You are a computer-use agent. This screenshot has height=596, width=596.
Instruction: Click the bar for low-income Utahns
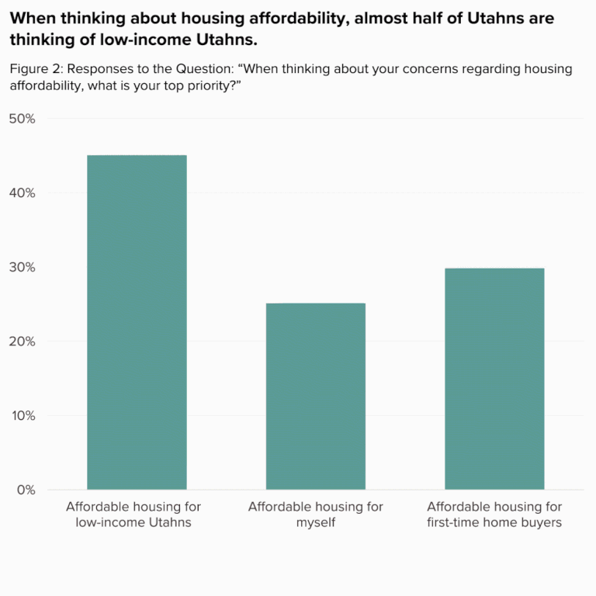(137, 322)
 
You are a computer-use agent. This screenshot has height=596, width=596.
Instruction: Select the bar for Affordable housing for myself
(315, 396)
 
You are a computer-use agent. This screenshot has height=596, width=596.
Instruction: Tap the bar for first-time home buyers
(494, 379)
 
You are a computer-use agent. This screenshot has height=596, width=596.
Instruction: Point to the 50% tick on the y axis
(23, 119)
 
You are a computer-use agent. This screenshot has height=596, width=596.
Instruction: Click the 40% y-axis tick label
(23, 193)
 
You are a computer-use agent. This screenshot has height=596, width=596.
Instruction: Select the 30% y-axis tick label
(23, 267)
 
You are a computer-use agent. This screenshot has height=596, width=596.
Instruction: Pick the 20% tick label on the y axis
(23, 341)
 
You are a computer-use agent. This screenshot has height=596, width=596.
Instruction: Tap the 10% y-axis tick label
(23, 415)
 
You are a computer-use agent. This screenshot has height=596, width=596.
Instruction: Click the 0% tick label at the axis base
(26, 490)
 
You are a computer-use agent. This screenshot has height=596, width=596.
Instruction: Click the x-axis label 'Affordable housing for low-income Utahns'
(133, 515)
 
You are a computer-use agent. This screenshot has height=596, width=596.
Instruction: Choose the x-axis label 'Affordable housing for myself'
(315, 515)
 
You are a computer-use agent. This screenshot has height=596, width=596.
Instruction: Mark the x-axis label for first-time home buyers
(494, 515)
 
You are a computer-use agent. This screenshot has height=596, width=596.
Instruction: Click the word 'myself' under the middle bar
(315, 522)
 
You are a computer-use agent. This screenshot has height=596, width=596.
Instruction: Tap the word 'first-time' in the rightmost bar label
(456, 522)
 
